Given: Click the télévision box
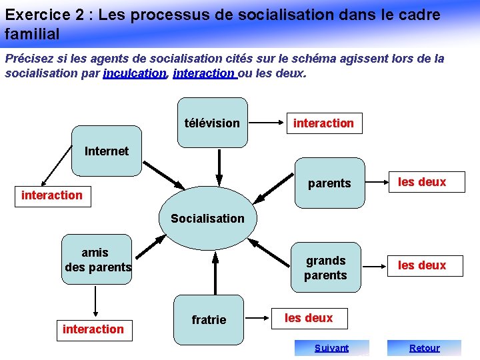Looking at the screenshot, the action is tap(212, 122).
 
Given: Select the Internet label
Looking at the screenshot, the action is tap(107, 151).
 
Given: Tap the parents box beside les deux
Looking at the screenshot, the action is tap(329, 183).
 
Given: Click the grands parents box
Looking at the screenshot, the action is tap(325, 268).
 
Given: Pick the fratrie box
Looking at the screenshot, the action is tap(209, 320).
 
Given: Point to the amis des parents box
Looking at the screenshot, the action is tap(97, 260).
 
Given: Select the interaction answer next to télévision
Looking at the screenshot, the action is tap(323, 123).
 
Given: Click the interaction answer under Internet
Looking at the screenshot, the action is tap(52, 195).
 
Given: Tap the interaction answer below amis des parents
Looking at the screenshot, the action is tap(93, 329).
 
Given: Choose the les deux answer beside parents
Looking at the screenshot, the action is tap(422, 182).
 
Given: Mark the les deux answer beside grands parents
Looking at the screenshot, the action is tap(422, 265).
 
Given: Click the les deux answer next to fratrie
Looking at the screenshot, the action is tap(309, 318).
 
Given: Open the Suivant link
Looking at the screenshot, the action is tap(332, 347).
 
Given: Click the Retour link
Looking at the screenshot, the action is tap(424, 347).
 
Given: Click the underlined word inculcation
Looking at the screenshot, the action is tap(134, 73).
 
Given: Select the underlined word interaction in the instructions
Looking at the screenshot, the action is tap(203, 73).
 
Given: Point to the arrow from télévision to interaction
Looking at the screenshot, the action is tap(269, 123).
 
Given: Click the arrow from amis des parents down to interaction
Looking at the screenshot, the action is tap(96, 301).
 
